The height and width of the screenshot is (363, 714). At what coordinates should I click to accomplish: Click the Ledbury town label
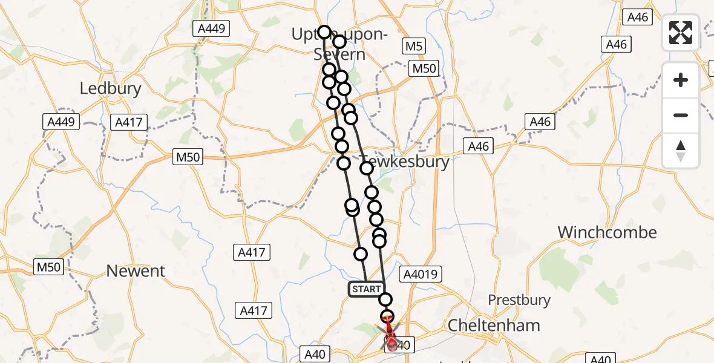tap(111, 89)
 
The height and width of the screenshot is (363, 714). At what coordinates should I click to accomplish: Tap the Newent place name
tap(136, 271)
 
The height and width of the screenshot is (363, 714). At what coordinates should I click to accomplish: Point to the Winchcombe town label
tap(607, 232)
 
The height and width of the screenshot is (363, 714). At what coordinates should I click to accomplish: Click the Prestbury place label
tap(519, 299)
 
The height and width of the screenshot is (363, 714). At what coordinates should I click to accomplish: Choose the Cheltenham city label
tap(494, 325)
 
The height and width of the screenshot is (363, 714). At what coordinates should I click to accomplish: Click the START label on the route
tap(366, 289)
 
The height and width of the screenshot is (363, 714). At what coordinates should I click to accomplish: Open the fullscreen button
tap(681, 33)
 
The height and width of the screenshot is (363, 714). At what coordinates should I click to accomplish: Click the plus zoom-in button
tap(681, 80)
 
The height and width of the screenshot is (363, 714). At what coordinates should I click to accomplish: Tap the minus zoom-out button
tap(681, 115)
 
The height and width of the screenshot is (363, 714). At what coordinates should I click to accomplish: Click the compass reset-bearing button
tap(681, 151)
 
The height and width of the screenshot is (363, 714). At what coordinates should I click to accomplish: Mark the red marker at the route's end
tap(391, 345)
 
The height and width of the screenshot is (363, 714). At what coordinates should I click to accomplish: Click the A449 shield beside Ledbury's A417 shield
tap(62, 122)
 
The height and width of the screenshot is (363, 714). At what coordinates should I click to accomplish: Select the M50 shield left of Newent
tap(48, 266)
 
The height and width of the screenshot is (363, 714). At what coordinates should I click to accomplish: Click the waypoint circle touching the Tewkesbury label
tap(367, 168)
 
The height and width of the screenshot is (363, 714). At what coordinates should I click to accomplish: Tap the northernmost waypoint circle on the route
tap(324, 32)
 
